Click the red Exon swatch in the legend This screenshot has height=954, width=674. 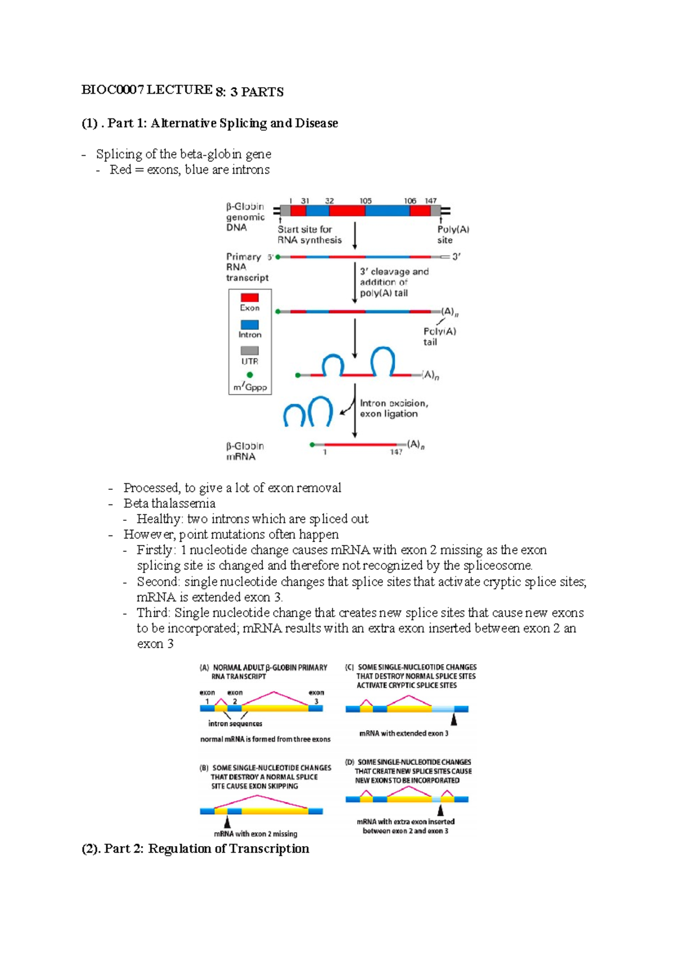pos(249,297)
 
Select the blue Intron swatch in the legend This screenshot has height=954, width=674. pos(249,325)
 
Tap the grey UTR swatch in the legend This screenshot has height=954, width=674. pos(249,351)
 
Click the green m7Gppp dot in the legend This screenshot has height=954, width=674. pos(249,375)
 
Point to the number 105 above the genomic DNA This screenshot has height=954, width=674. pos(366,201)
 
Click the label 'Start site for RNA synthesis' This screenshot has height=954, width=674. pos(309,235)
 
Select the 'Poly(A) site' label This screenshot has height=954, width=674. pos(453,235)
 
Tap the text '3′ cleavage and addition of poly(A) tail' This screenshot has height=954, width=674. pos(393,282)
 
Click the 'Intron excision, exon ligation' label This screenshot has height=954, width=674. pos(393,408)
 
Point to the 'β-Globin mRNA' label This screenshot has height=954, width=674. pos(244,451)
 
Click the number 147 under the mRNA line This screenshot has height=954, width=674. pos(396,452)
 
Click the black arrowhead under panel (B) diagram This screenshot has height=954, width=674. pos(227,821)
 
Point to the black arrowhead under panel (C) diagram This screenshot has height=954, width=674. pos(454,719)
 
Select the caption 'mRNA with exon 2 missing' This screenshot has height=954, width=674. pos(256,834)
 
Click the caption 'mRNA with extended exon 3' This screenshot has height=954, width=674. pos(404,733)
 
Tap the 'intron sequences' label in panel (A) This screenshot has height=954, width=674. pos(235,724)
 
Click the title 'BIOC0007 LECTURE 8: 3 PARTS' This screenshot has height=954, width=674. pos(182,90)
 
